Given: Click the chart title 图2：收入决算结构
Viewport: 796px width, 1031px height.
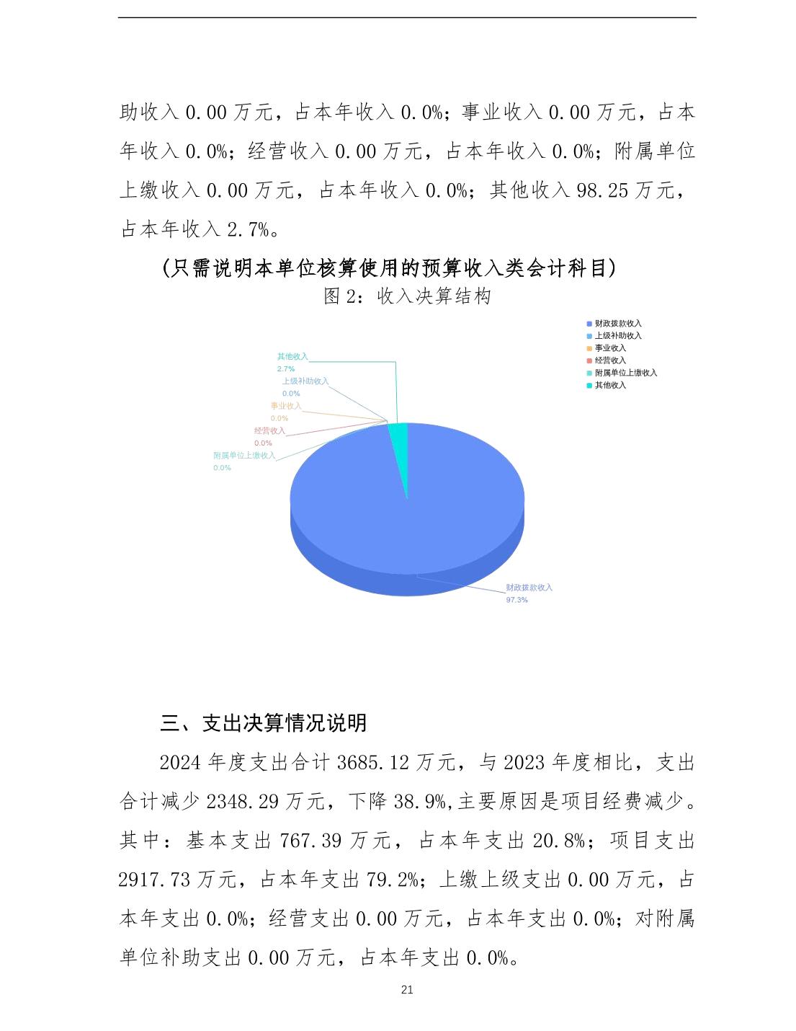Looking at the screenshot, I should pos(407,296).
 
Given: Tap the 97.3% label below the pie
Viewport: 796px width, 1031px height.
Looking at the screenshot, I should pos(516,600).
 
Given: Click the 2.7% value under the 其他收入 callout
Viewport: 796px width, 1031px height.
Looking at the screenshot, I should pos(286,368).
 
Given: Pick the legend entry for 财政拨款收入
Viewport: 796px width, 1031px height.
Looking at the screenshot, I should pos(617,324).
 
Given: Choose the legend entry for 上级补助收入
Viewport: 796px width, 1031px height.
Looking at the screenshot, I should pos(617,336).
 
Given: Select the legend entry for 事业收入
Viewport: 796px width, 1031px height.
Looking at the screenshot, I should pos(609,348).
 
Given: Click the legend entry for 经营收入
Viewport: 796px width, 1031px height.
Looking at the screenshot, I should pos(609,360).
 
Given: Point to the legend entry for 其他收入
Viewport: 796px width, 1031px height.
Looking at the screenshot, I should pos(609,385).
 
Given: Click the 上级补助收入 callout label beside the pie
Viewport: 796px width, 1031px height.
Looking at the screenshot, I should pos(305,381).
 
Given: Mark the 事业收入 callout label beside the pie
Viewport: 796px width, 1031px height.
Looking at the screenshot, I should pos(286,406).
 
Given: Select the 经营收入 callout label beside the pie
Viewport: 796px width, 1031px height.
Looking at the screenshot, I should pos(269,431).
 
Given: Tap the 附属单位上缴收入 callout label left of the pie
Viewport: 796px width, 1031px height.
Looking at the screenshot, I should pos(244,456).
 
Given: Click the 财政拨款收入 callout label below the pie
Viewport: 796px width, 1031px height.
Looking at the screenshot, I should pos(529,588).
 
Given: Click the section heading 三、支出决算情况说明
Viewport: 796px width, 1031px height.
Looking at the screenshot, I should pos(263,722).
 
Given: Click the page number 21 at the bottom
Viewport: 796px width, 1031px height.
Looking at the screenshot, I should pos(407,990).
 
